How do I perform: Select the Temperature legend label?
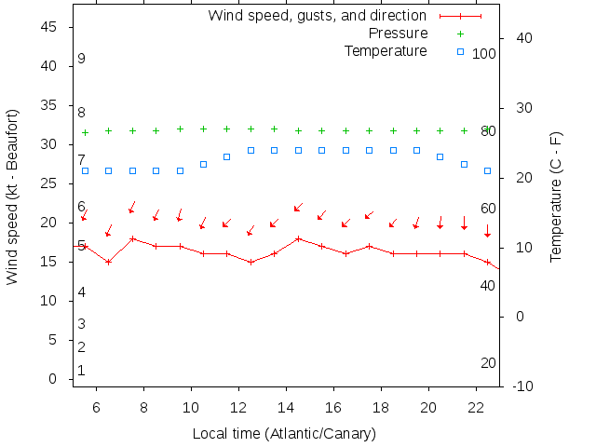pos(386,50)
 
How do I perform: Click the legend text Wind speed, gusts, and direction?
pos(317,16)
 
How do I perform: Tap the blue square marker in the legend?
pos(460,51)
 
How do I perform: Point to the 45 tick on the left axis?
pos(51,27)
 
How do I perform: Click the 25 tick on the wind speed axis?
pos(51,183)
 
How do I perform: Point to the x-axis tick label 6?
pos(97,407)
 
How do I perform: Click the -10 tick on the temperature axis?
pos(522,386)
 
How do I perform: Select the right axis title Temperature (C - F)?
pos(556,196)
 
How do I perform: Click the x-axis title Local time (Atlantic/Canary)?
pos(284,434)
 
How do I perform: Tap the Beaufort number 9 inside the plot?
pos(82,59)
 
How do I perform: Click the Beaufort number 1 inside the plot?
pos(82,371)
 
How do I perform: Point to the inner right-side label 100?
pos(484,54)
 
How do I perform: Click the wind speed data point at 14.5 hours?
pos(298,238)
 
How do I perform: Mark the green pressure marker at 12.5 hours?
pos(251,129)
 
